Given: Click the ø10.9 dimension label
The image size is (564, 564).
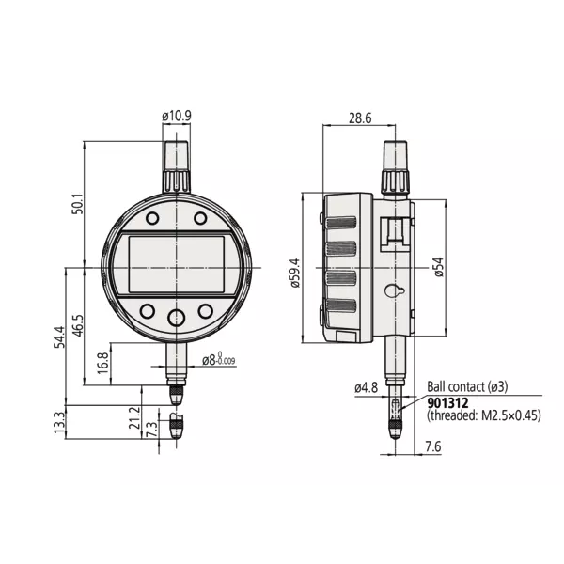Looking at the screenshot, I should [178, 116].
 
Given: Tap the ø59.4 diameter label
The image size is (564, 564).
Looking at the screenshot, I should [295, 272].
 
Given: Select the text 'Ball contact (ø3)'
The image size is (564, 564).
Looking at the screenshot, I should [467, 386].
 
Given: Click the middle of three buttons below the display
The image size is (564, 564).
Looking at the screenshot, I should [176, 317].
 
